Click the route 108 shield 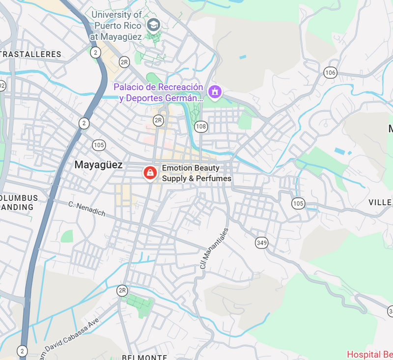[200, 127]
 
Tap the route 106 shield [330, 73]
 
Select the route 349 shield [261, 242]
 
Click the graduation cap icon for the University [154, 24]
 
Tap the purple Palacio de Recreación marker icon [215, 91]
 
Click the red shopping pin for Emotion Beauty [150, 173]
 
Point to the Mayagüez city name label [98, 165]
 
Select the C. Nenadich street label [86, 208]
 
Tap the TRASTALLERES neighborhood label [30, 54]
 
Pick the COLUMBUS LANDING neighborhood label [18, 202]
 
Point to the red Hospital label [369, 354]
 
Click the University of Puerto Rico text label [117, 26]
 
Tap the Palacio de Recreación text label [158, 92]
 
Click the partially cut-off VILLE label [380, 202]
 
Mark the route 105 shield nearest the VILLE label [298, 203]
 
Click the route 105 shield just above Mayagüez [99, 145]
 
